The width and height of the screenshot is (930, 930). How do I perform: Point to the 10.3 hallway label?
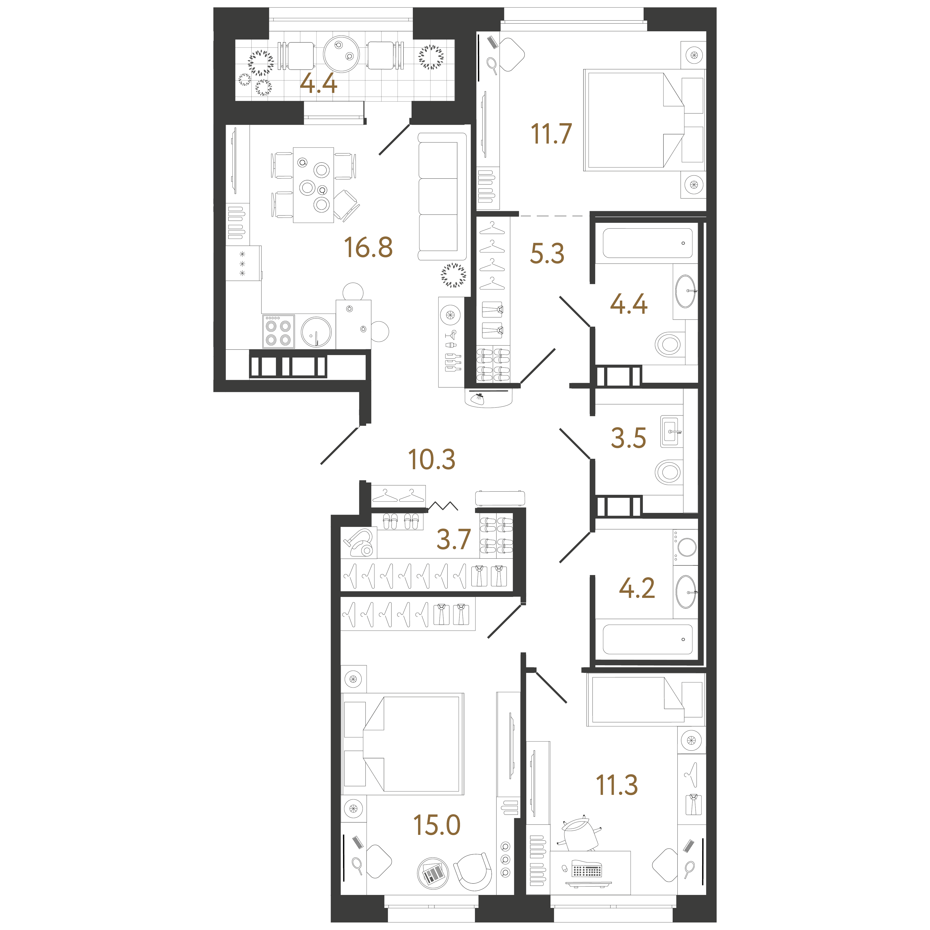[x=431, y=460]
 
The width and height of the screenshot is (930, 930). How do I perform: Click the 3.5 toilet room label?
[x=628, y=438]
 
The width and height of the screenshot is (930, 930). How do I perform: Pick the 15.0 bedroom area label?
[x=437, y=825]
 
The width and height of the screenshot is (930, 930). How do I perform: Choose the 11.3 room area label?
[x=617, y=785]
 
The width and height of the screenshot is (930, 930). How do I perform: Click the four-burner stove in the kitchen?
[x=278, y=331]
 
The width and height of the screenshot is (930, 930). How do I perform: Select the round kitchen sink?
[x=316, y=332]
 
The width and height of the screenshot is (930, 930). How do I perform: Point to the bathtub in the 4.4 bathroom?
[x=647, y=243]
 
